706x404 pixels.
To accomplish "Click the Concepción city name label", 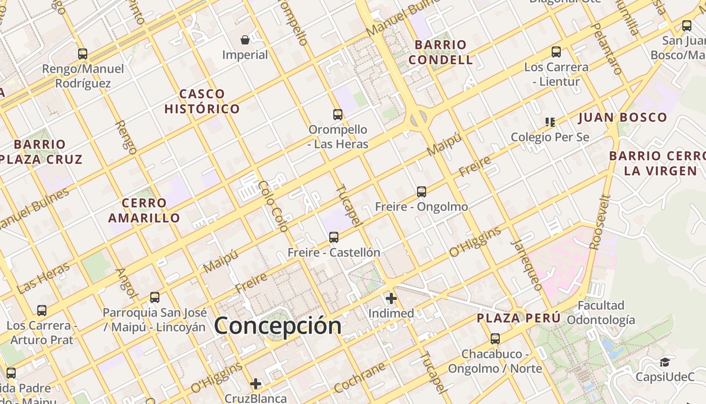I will point(278,326).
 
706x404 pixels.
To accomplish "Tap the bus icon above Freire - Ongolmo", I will point(422,192).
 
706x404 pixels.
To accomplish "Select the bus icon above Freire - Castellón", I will point(333,237).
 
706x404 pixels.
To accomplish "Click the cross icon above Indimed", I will point(391,298).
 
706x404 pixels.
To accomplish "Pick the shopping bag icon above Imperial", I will point(245,40).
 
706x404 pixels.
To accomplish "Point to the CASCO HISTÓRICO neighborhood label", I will point(202,102).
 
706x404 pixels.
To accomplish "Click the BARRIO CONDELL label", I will point(441,52).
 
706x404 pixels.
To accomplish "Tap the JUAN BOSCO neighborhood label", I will point(622,118).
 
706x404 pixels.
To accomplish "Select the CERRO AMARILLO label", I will point(144,211).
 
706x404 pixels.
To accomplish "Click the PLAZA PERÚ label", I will point(519,318).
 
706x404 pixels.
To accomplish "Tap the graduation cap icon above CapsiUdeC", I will point(665,362).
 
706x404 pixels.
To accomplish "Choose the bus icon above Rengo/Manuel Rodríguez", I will point(83,54).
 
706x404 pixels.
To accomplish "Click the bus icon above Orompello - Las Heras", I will point(338,115).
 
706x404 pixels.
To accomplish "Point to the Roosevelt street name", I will point(600,222).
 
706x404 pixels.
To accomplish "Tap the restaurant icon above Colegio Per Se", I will point(550,122).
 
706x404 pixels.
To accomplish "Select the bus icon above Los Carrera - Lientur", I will point(556,52).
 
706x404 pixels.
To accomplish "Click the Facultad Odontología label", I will point(601,313).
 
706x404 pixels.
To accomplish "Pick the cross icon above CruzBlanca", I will point(256,384).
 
